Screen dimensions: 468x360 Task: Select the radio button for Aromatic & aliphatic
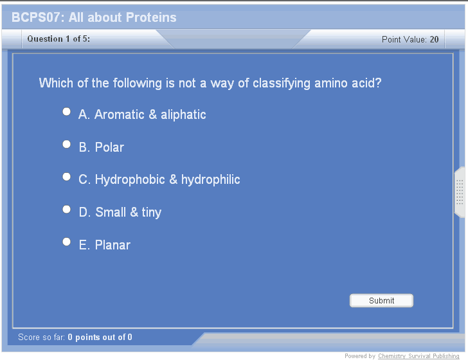point(67,112)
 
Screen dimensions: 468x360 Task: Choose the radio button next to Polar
point(67,144)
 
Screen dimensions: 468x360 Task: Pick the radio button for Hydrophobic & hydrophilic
point(67,177)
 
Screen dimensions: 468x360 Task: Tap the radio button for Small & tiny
point(67,210)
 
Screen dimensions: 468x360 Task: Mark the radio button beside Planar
point(67,242)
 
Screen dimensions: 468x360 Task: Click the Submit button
point(381,300)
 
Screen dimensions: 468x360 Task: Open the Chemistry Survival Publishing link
point(419,355)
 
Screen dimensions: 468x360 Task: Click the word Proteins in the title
point(151,17)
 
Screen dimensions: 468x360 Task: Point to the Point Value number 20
point(434,39)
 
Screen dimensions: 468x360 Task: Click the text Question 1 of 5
point(59,39)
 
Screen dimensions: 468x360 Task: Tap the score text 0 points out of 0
point(100,337)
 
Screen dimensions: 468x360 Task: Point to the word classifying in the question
point(282,84)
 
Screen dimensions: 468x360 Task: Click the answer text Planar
point(113,245)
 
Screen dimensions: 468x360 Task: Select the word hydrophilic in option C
point(210,180)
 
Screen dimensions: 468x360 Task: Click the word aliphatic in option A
point(183,114)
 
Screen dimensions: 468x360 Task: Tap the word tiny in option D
point(151,213)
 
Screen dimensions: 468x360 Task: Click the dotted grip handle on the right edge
point(460,192)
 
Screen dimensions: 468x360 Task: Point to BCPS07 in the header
point(36,17)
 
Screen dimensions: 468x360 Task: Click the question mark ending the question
point(378,83)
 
